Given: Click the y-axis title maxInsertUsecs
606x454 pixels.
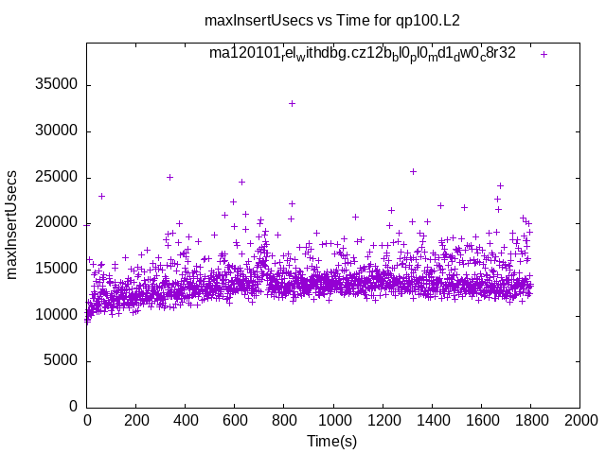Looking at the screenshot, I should pos(13,224).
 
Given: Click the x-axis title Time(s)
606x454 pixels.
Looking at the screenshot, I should pos(332,442).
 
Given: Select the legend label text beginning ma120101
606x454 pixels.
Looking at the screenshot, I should pos(363,53).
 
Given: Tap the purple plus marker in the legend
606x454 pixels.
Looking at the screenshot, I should pos(544,54).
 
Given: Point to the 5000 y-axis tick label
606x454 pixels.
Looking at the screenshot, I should pos(61,360).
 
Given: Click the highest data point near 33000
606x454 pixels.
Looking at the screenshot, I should pos(292,103).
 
